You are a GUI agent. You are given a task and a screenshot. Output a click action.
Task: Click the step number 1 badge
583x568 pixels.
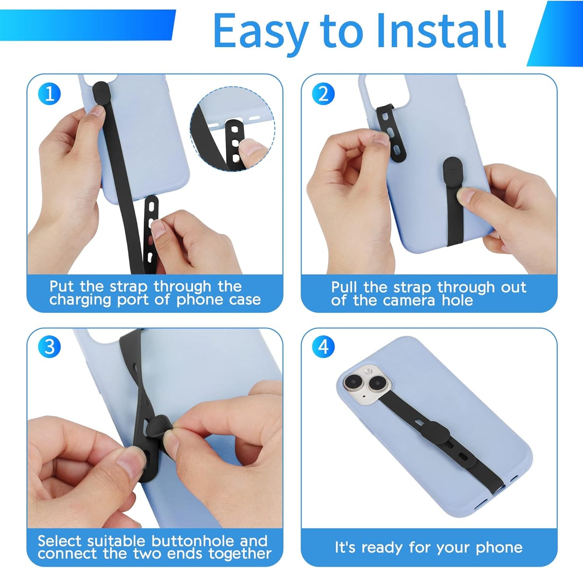click(49, 94)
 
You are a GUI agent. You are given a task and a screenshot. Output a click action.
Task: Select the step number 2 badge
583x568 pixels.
click(323, 94)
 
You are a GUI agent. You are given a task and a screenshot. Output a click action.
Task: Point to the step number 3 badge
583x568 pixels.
click(49, 347)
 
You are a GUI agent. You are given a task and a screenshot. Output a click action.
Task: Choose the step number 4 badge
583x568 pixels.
click(323, 347)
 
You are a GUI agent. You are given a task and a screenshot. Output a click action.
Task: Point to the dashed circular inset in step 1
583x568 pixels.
click(232, 128)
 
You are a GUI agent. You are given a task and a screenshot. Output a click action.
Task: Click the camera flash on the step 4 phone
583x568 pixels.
click(368, 371)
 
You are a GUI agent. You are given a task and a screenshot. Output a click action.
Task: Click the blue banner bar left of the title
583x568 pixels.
click(87, 25)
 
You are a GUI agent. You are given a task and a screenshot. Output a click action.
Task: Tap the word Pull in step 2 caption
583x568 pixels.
click(344, 287)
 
